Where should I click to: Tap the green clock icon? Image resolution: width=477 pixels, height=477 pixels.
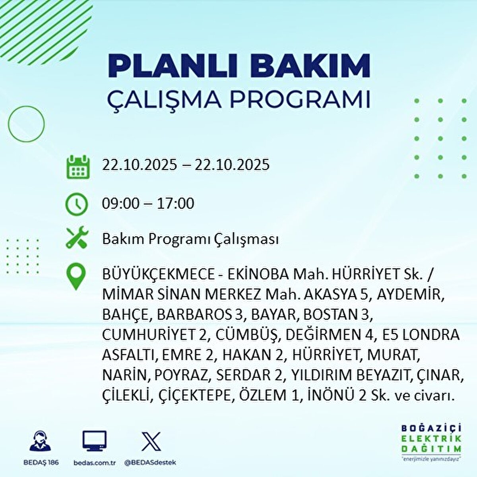pyautogui.click(x=76, y=204)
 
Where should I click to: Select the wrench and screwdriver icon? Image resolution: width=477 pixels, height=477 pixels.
pyautogui.click(x=76, y=238)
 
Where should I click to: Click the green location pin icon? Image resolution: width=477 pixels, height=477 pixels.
pyautogui.click(x=76, y=277)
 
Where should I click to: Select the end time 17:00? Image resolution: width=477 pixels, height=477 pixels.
pyautogui.click(x=175, y=204)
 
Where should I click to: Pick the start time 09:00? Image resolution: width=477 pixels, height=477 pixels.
pyautogui.click(x=120, y=204)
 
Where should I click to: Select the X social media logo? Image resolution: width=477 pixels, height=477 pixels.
pyautogui.click(x=151, y=441)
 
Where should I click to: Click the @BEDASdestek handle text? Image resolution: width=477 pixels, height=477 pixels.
pyautogui.click(x=150, y=463)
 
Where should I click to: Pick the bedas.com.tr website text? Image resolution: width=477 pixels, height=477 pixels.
pyautogui.click(x=95, y=463)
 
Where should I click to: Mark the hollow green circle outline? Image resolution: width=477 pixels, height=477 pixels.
pyautogui.click(x=27, y=124)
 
